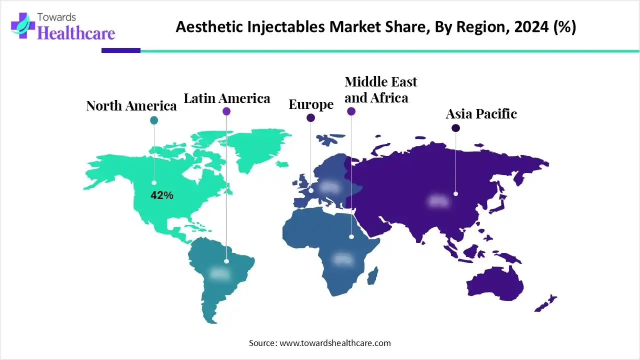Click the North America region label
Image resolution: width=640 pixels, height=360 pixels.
pos(131,106)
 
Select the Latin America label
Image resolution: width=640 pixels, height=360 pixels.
pos(227,98)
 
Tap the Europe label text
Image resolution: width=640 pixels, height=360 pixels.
pos(311,104)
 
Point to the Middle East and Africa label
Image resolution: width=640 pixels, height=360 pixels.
pos(380,89)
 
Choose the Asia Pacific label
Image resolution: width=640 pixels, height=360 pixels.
pos(481,114)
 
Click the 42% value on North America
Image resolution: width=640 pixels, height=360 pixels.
pos(162,196)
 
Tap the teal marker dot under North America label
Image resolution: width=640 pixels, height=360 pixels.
pos(154,120)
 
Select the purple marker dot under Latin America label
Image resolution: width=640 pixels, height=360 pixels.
pos(226,111)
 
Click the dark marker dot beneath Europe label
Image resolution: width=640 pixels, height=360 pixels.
pos(311,118)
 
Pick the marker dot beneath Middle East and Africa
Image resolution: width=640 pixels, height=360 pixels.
pos(351,111)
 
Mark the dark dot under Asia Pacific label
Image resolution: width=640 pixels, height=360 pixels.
pos(455,128)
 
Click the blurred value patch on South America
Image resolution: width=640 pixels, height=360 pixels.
pos(219,273)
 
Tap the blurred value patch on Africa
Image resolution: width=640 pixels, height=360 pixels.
pos(343,259)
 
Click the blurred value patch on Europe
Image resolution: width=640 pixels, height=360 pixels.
pos(329,187)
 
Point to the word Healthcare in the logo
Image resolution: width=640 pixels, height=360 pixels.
pos(76,33)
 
